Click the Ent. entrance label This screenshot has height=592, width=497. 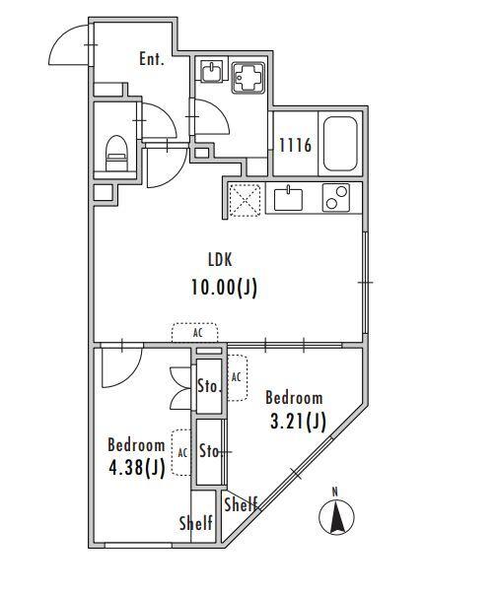(151, 59)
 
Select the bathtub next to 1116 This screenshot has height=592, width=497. (341, 143)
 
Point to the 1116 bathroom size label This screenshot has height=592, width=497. (294, 146)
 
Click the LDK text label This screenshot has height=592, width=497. (219, 260)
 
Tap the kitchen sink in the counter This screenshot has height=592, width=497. (288, 198)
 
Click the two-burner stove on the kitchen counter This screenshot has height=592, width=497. (337, 198)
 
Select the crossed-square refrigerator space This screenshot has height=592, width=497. (244, 199)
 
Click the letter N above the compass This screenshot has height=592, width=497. (335, 491)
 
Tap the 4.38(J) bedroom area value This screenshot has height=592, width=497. (137, 468)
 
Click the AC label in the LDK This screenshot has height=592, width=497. (198, 333)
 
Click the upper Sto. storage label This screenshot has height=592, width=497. (208, 385)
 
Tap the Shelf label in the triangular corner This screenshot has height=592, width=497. (241, 505)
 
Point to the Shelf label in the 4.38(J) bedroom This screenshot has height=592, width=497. (196, 524)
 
